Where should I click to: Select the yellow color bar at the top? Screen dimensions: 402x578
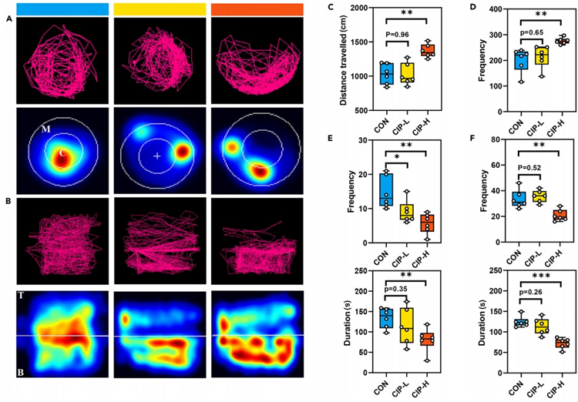point(160,8)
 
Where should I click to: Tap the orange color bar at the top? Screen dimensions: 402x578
point(257,8)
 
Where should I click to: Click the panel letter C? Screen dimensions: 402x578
point(331,8)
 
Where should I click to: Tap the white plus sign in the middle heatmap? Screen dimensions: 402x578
point(157,156)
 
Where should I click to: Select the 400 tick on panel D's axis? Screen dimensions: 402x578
point(486,10)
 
